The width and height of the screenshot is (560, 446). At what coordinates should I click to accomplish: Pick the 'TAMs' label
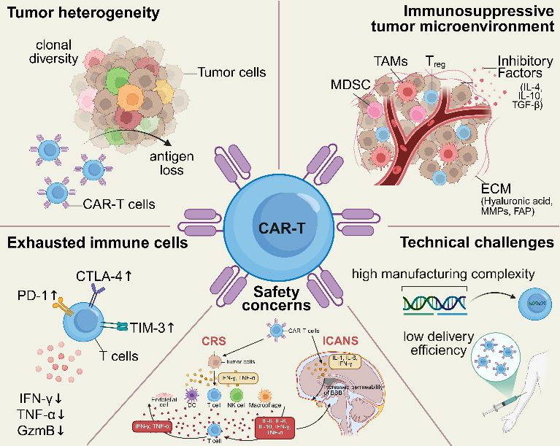point(389,62)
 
